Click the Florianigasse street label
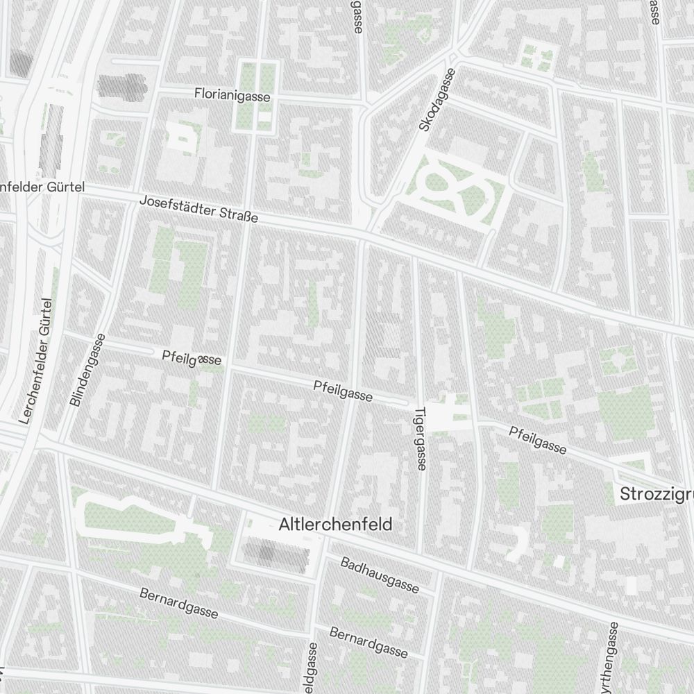(x=232, y=95)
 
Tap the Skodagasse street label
(x=437, y=100)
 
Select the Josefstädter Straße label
(x=198, y=210)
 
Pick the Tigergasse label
(x=419, y=438)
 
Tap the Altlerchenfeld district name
(x=335, y=525)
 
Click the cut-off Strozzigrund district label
(x=656, y=494)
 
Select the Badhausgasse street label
(x=380, y=575)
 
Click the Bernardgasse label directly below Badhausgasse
(x=369, y=642)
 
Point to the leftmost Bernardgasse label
(x=179, y=603)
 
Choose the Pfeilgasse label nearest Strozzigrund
(x=538, y=440)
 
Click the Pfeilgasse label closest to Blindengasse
(x=192, y=358)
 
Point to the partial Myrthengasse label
(x=609, y=659)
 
